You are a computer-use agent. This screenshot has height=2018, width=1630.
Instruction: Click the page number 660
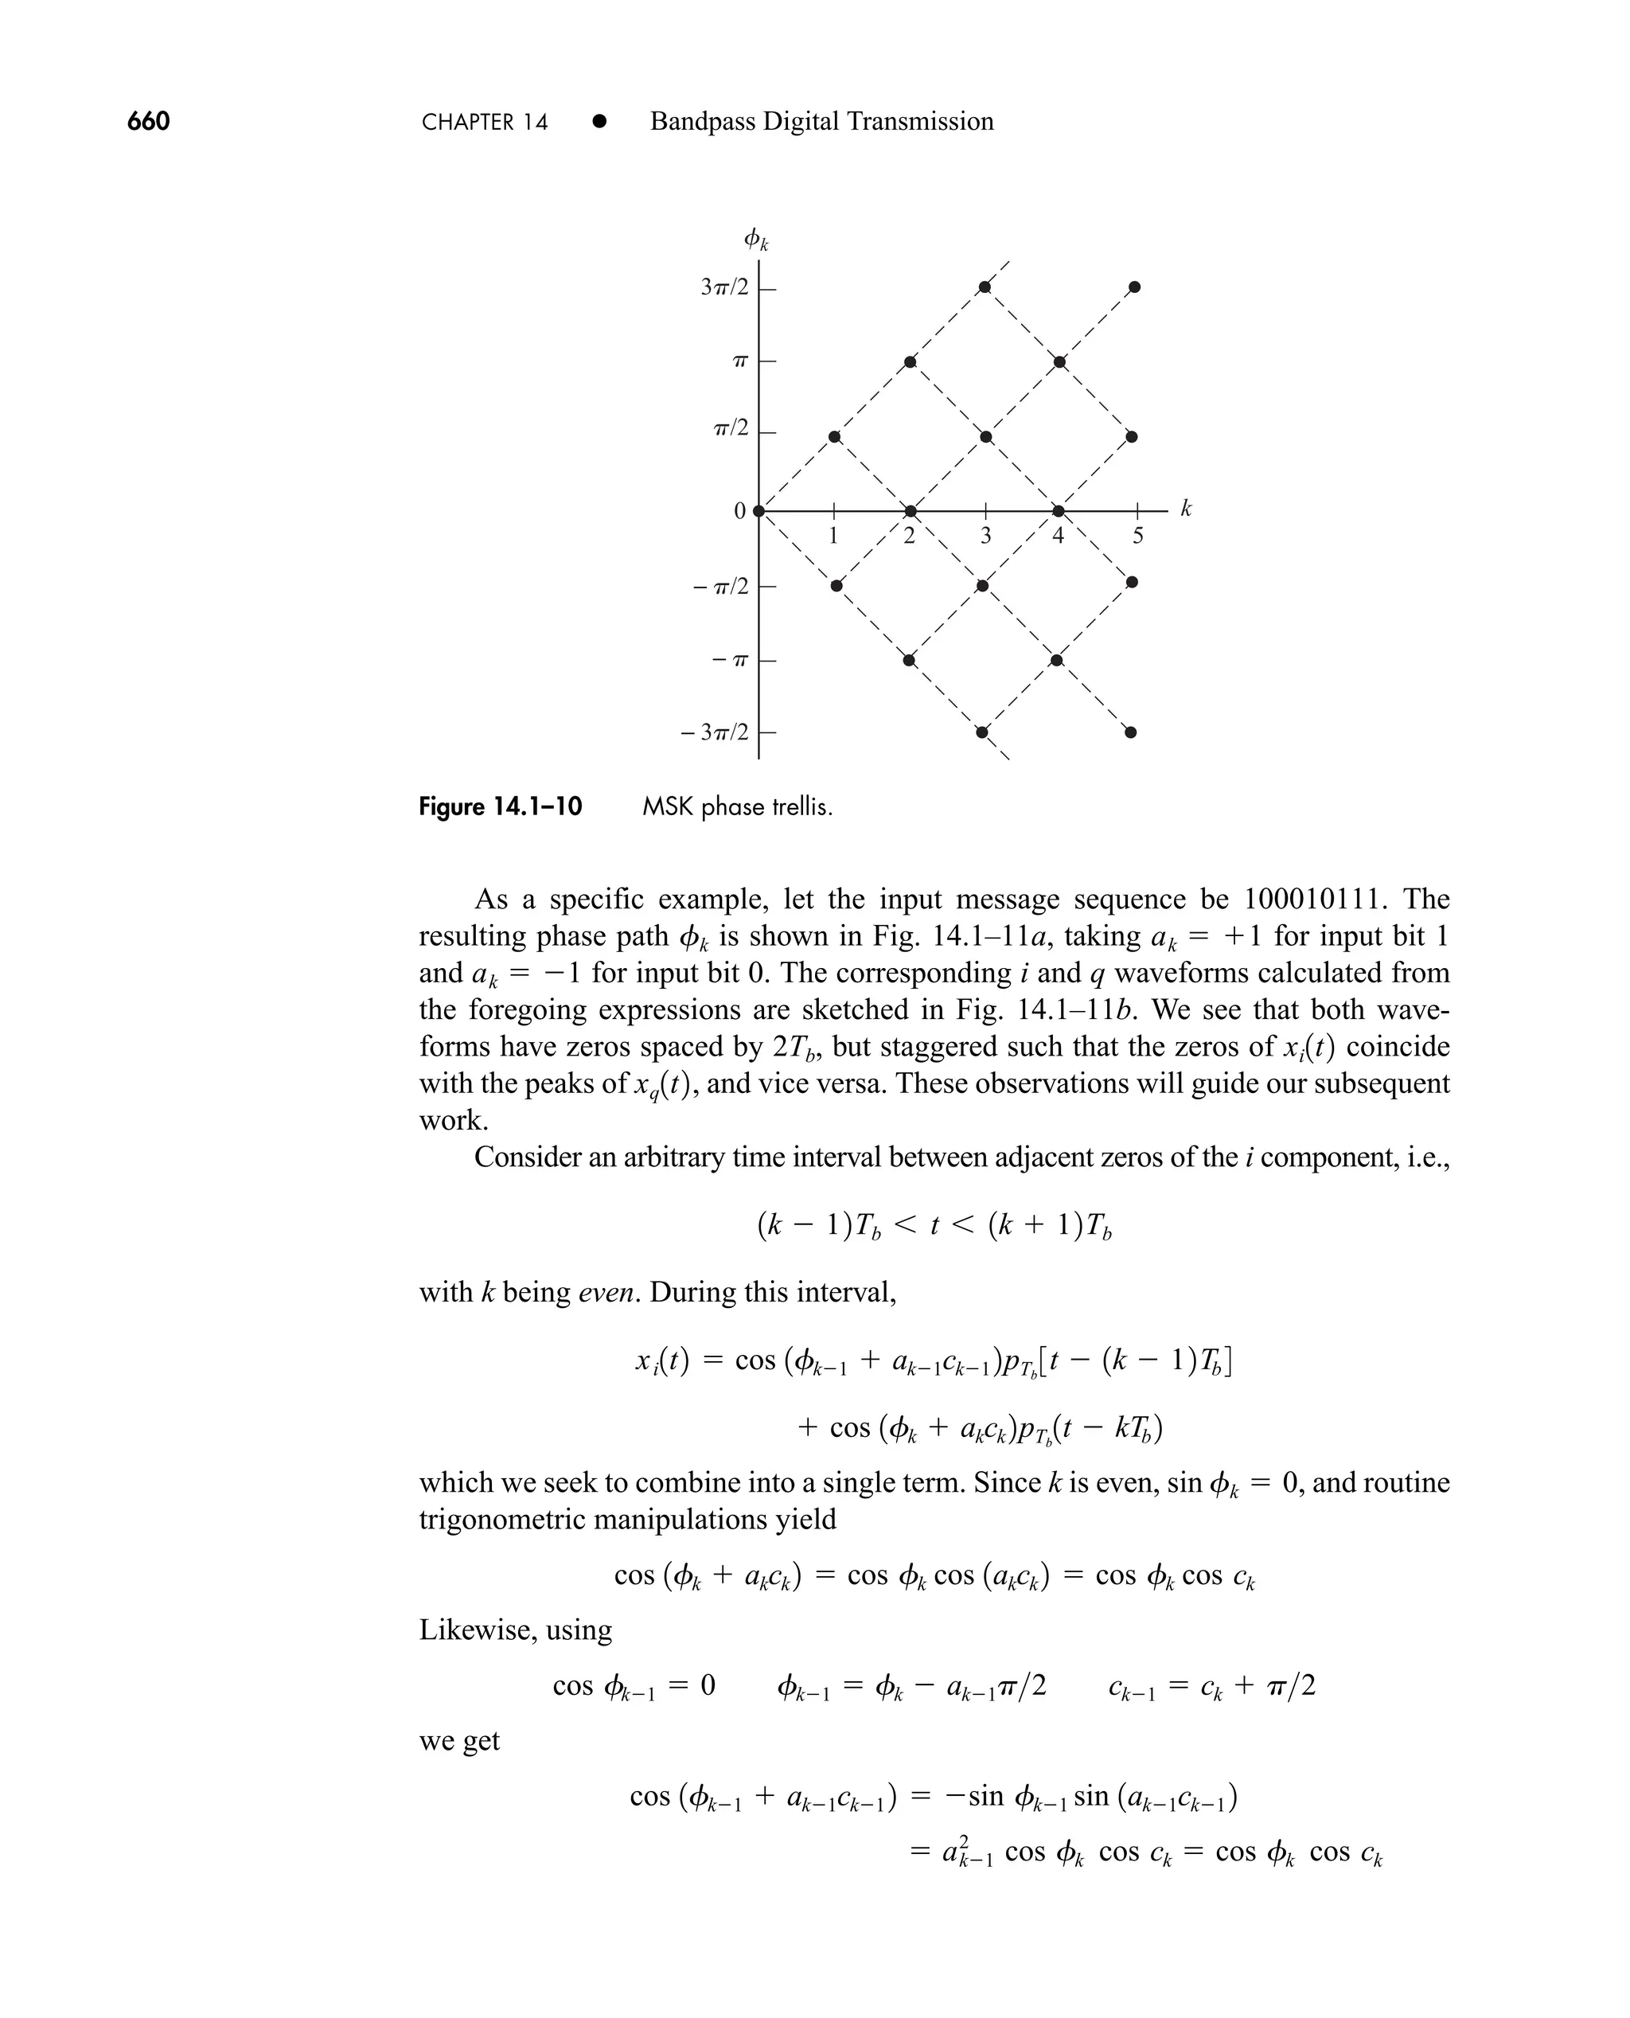click(148, 121)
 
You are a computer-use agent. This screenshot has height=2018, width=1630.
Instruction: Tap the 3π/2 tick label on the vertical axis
click(724, 287)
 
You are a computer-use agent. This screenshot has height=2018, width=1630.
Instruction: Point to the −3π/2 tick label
click(716, 732)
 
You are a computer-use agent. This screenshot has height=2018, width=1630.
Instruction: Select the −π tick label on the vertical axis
click(731, 660)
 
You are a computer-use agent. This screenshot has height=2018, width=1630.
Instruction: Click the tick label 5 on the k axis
click(1138, 537)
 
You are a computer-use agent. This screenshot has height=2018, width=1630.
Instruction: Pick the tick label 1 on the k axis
click(833, 537)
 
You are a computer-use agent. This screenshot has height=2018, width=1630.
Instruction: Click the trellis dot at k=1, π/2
click(835, 437)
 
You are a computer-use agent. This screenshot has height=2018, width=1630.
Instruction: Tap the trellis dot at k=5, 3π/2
click(1134, 287)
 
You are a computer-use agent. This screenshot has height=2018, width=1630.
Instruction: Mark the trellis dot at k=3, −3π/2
click(982, 732)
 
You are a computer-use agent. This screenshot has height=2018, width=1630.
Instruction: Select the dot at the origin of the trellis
click(758, 511)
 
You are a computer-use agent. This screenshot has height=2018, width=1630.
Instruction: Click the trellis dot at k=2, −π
click(909, 660)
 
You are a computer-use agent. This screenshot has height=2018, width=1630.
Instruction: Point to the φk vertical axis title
click(755, 240)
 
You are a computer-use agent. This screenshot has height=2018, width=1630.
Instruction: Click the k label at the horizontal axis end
click(1186, 509)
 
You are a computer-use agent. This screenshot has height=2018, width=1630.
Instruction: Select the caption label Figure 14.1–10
click(500, 806)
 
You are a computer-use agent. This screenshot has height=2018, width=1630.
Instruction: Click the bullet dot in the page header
click(599, 121)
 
